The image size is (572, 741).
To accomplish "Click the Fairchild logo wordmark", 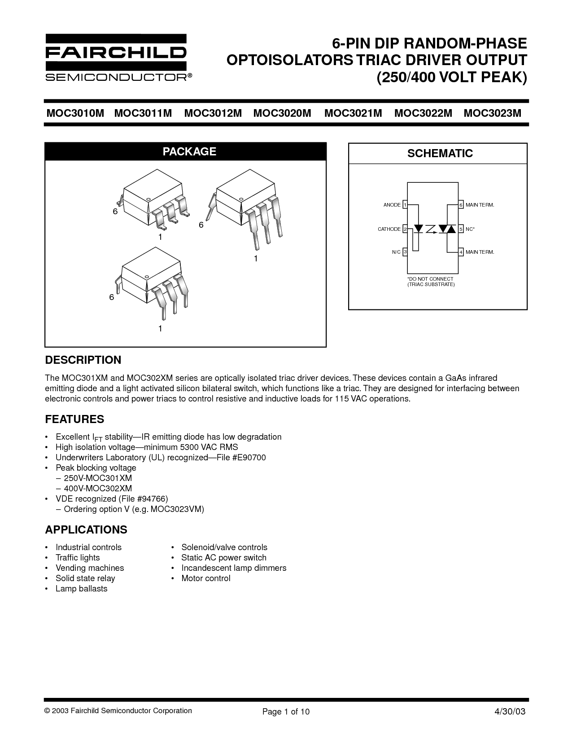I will pyautogui.click(x=115, y=53).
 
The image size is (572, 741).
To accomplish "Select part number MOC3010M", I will pyautogui.click(x=75, y=113).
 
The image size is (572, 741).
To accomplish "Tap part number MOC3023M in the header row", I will pyautogui.click(x=493, y=113).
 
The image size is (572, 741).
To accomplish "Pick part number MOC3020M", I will pyautogui.click(x=282, y=113).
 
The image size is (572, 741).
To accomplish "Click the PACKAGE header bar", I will pyautogui.click(x=185, y=151).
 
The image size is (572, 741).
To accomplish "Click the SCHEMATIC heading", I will pyautogui.click(x=440, y=154).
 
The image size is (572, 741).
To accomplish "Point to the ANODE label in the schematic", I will pyautogui.click(x=392, y=205).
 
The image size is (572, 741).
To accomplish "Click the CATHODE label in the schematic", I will pyautogui.click(x=389, y=229).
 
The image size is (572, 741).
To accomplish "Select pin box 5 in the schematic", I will pyautogui.click(x=461, y=229).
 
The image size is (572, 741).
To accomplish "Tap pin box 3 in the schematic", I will pyautogui.click(x=405, y=252).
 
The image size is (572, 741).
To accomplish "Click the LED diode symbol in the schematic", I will pyautogui.click(x=419, y=229).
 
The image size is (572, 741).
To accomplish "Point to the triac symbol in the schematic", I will pyautogui.click(x=447, y=229).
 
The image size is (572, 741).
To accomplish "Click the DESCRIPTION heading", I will pyautogui.click(x=83, y=360).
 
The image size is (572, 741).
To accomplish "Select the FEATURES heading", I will pyautogui.click(x=74, y=419).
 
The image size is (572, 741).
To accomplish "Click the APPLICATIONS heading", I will pyautogui.click(x=86, y=530).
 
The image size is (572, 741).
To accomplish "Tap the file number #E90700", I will pyautogui.click(x=249, y=458).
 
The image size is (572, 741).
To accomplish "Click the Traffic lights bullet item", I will pyautogui.click(x=78, y=558).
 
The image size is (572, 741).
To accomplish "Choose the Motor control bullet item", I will pyautogui.click(x=205, y=578).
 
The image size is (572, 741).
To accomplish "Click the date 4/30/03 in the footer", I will pyautogui.click(x=510, y=712).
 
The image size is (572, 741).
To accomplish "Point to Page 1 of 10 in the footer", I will pyautogui.click(x=286, y=712).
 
